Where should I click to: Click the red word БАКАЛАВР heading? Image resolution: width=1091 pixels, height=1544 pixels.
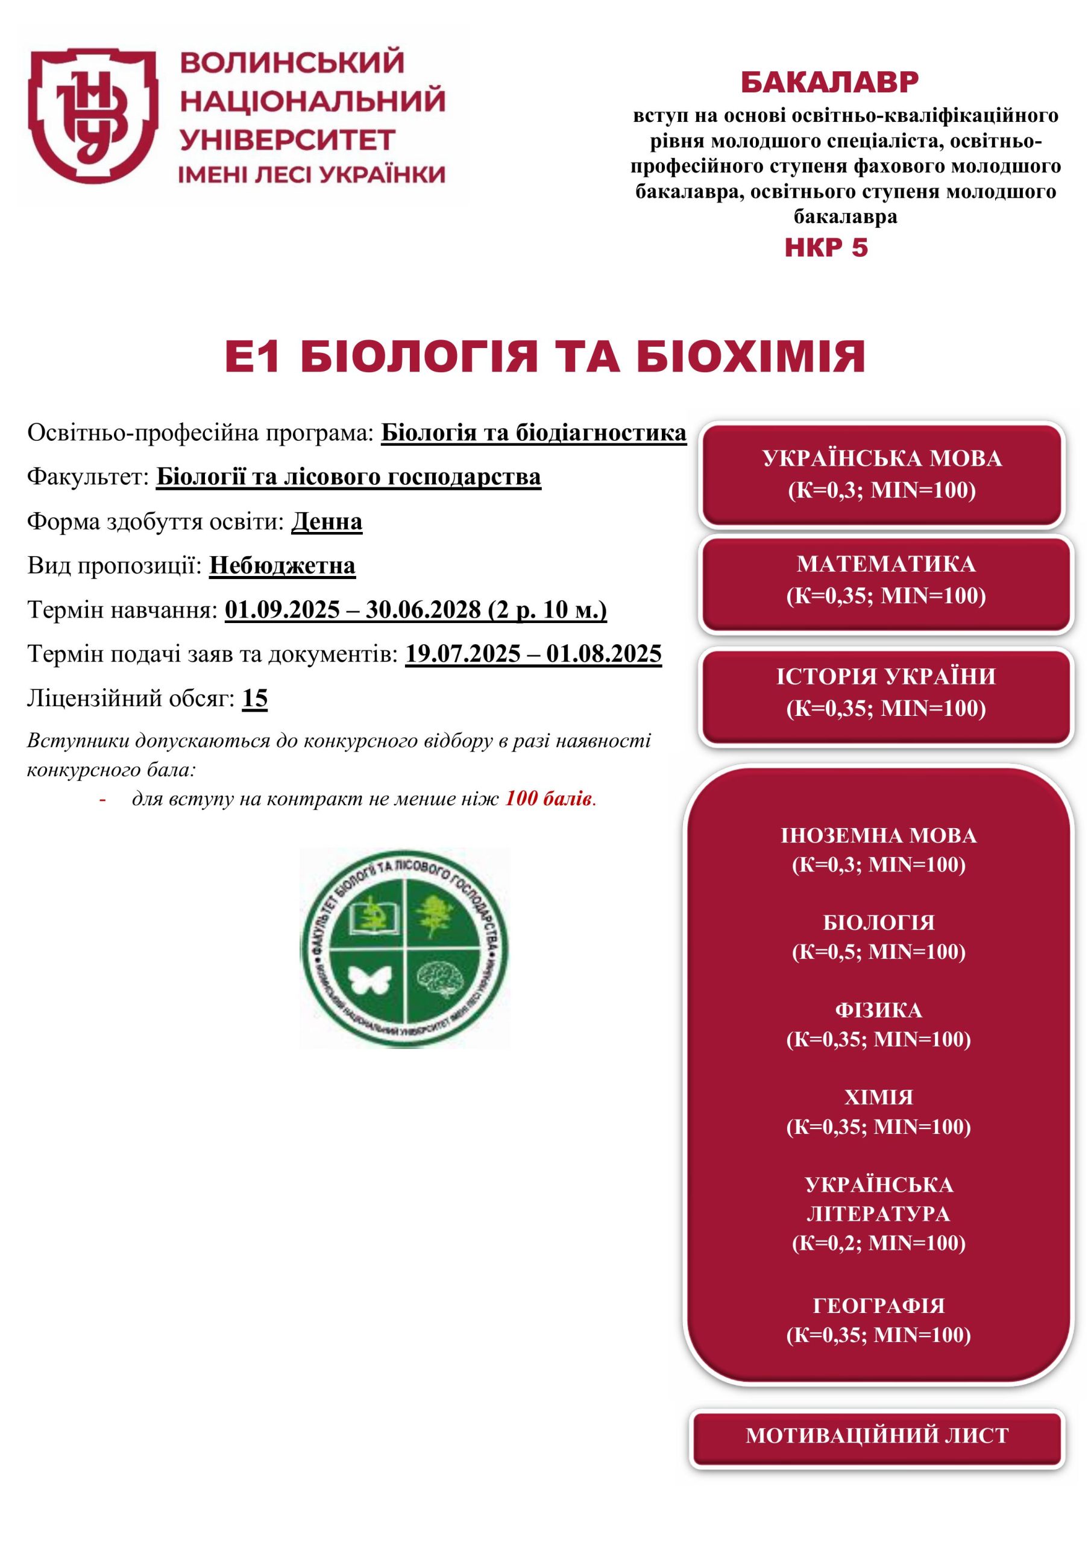[x=829, y=82]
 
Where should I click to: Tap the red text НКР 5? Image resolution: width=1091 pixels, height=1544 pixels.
[x=826, y=248]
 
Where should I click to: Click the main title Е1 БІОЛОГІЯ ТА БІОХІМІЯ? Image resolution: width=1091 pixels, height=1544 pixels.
[x=545, y=357]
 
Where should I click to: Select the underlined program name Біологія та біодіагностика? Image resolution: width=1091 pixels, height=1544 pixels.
[x=533, y=433]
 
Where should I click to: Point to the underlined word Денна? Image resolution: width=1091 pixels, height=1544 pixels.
[x=327, y=521]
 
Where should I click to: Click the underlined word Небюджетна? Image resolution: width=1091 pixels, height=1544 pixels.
[x=282, y=566]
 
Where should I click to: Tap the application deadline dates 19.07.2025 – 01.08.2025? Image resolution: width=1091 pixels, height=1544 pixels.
[x=533, y=654]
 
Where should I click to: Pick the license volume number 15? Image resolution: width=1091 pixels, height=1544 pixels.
[x=255, y=698]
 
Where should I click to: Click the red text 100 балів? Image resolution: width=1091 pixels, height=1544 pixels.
[x=549, y=799]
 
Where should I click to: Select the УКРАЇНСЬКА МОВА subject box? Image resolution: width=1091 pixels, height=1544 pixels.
[x=881, y=474]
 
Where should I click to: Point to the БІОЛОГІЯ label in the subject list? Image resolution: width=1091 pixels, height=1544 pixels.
[x=879, y=923]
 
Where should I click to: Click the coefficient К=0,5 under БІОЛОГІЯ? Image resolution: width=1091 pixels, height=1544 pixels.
[x=829, y=952]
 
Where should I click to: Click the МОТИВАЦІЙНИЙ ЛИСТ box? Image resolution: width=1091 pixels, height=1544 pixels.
[x=877, y=1435]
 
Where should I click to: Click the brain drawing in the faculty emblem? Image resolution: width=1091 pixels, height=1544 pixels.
[x=439, y=978]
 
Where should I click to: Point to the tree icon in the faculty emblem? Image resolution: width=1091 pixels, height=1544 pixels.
[x=436, y=915]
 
